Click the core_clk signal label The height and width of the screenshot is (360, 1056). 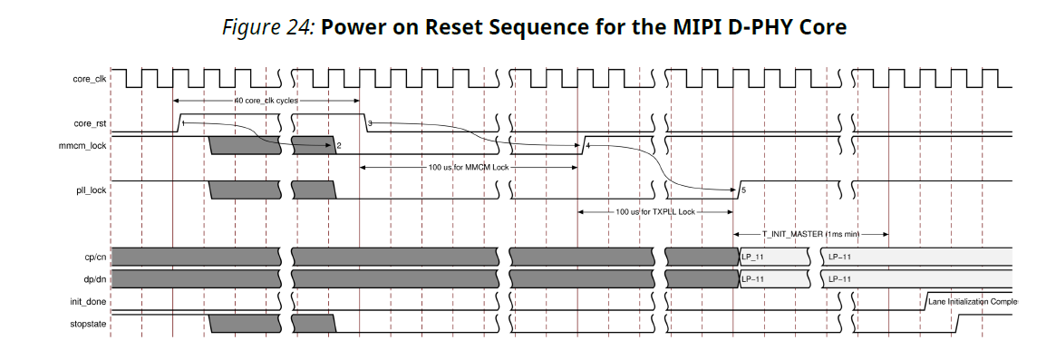click(89, 80)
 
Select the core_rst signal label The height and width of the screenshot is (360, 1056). click(90, 123)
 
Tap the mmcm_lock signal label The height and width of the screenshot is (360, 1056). click(84, 145)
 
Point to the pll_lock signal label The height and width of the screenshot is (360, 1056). click(91, 190)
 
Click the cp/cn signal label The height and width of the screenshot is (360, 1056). click(94, 258)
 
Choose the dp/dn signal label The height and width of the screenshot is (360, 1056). click(94, 279)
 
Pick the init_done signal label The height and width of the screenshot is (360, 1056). click(89, 301)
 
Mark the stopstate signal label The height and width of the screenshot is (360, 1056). click(89, 323)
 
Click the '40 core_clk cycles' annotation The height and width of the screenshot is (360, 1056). click(266, 101)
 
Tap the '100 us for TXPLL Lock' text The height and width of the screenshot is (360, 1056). click(655, 211)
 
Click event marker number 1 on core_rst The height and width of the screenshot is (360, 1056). click(183, 122)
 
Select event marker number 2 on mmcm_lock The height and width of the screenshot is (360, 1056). click(338, 145)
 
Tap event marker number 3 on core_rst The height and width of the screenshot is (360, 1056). click(370, 122)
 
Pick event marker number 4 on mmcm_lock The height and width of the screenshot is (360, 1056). click(588, 145)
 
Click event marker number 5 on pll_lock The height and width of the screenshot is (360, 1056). click(743, 190)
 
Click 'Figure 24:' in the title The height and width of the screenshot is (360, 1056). click(268, 27)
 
